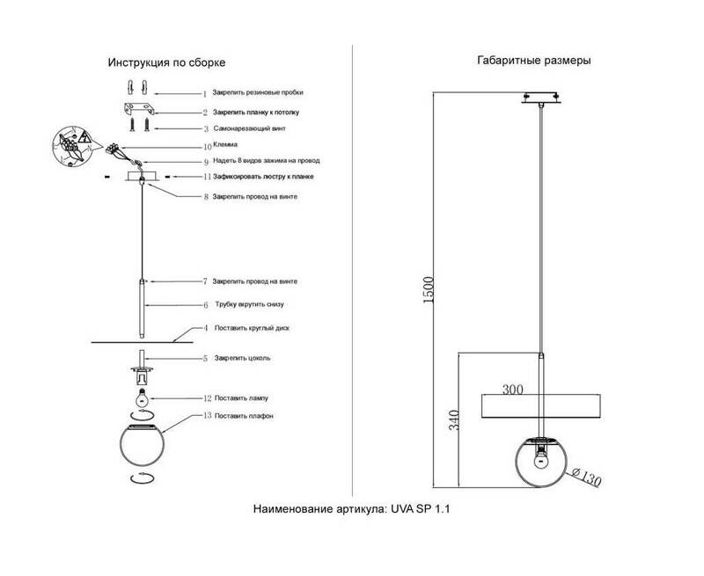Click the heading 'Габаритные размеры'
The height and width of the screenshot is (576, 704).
[x=533, y=62]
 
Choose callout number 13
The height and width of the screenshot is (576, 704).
[x=207, y=415]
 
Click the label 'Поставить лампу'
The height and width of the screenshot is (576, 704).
[x=241, y=398]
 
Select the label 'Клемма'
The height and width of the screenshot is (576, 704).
[x=226, y=144]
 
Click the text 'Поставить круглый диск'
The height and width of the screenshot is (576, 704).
[x=252, y=327]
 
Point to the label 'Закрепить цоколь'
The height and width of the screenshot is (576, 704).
[x=242, y=359]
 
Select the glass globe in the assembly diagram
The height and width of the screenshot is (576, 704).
[x=142, y=448]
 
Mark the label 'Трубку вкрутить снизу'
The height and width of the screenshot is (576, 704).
[x=249, y=304]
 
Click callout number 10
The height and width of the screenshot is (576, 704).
[x=208, y=145]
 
